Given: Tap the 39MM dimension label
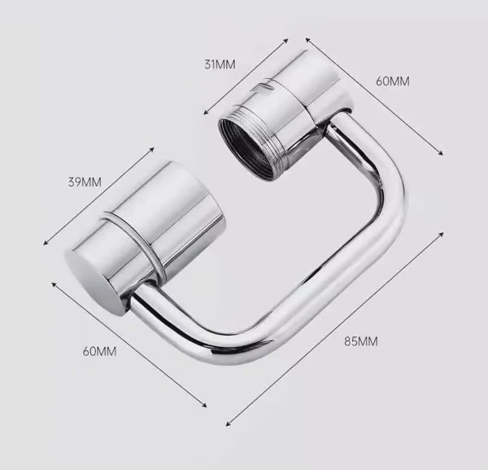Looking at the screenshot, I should tap(85, 182).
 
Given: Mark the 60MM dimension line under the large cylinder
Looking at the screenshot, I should tap(129, 345).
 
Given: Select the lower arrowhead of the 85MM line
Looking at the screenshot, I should tap(229, 424).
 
